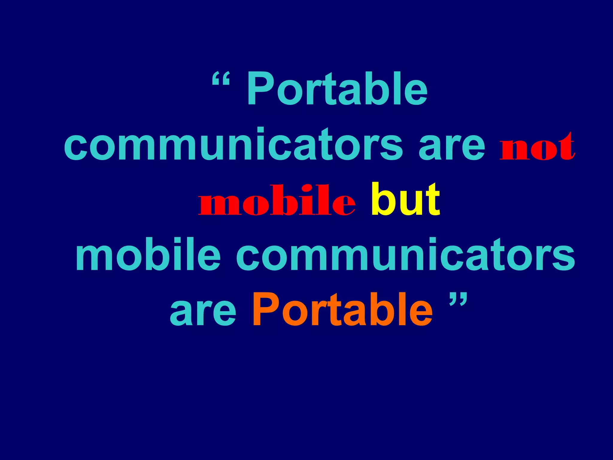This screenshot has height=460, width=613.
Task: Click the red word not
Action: [x=537, y=147]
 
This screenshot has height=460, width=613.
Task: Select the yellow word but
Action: [x=405, y=199]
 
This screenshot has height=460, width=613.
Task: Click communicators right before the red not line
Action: [x=233, y=144]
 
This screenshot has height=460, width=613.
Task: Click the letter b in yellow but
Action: [x=382, y=199]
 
